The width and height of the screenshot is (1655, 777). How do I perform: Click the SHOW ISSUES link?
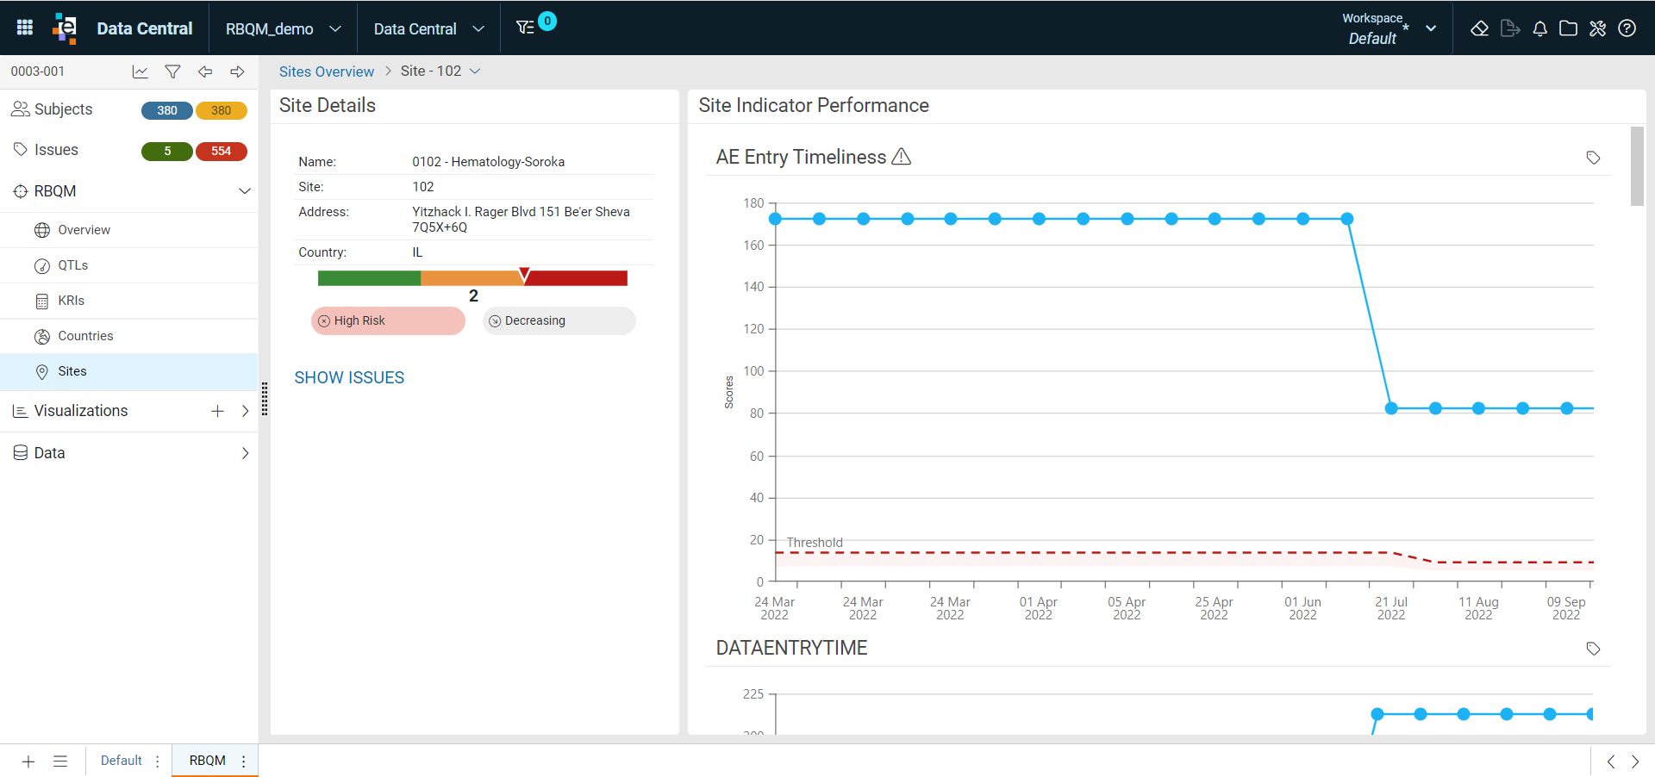[x=349, y=377]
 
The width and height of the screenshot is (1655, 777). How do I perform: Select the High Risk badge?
[x=388, y=320]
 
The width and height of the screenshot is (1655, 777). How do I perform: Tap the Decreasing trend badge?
[x=559, y=320]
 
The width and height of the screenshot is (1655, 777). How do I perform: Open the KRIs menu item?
[x=71, y=301]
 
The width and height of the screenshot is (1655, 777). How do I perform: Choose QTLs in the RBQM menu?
[x=73, y=265]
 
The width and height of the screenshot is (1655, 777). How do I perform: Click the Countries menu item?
[x=85, y=336]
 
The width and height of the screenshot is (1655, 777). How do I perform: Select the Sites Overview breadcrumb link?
[x=327, y=71]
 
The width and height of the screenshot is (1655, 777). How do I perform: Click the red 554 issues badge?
[x=222, y=151]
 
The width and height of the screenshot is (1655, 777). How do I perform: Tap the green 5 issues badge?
[x=167, y=151]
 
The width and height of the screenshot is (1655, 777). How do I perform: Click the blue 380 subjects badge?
[x=167, y=110]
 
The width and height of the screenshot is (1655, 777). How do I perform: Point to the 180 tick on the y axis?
[x=753, y=203]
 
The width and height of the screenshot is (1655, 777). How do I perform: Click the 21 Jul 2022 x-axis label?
[x=1390, y=608]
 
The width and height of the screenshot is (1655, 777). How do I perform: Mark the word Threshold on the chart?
[x=815, y=543]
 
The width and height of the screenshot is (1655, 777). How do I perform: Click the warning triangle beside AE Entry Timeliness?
[x=902, y=157]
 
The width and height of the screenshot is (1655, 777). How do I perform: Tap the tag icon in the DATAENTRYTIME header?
[x=1593, y=649]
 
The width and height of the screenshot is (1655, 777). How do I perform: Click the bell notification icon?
[x=1539, y=28]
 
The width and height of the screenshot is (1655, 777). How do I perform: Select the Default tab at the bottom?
[x=122, y=761]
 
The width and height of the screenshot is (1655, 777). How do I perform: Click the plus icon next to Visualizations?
[x=217, y=411]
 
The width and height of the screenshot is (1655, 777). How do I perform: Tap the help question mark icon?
[x=1627, y=28]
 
